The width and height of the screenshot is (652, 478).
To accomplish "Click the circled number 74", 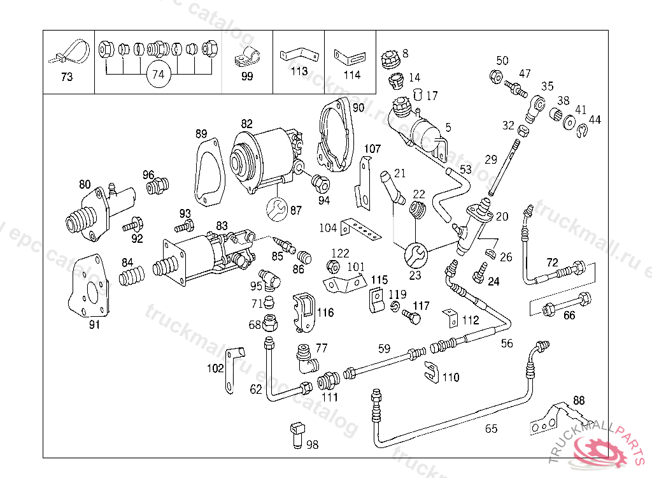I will click(x=158, y=75).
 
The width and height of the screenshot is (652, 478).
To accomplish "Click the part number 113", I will click(x=299, y=71).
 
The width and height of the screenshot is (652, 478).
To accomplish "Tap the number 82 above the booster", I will click(x=247, y=123).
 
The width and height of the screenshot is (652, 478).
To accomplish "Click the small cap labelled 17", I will click(x=418, y=95).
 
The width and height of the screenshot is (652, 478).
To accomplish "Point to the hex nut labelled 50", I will click(x=495, y=76).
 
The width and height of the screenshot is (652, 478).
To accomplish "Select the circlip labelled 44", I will click(x=582, y=132).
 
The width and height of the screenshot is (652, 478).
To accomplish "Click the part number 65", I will click(x=491, y=429).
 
